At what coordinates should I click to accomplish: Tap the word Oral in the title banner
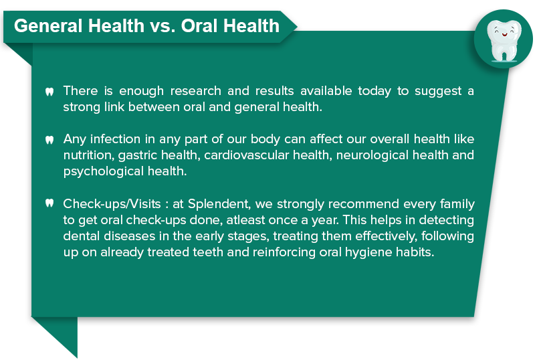200,26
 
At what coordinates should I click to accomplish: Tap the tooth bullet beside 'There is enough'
49,92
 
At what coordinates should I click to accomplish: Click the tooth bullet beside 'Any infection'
49,140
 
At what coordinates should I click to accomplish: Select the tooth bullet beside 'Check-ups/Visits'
49,203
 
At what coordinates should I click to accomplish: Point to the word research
195,91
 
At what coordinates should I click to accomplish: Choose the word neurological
372,156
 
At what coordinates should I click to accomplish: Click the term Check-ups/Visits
112,205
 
